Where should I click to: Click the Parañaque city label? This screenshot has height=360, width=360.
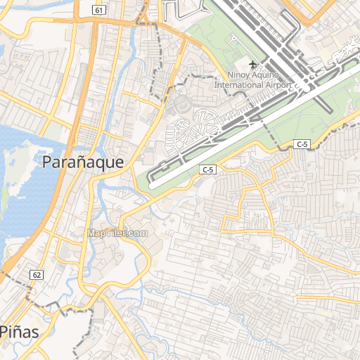coord(83,162)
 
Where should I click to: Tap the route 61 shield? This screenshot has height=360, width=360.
coord(99,9)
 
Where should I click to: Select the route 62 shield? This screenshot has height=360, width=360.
coord(37,274)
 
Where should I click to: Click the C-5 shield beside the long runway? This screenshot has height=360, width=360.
coord(207,169)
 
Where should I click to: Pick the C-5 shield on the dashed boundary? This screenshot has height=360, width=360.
coord(302,144)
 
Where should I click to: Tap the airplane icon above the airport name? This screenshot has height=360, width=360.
coord(253,65)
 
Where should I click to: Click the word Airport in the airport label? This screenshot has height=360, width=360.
coord(278,85)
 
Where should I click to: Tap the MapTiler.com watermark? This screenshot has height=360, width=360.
coord(117,233)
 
